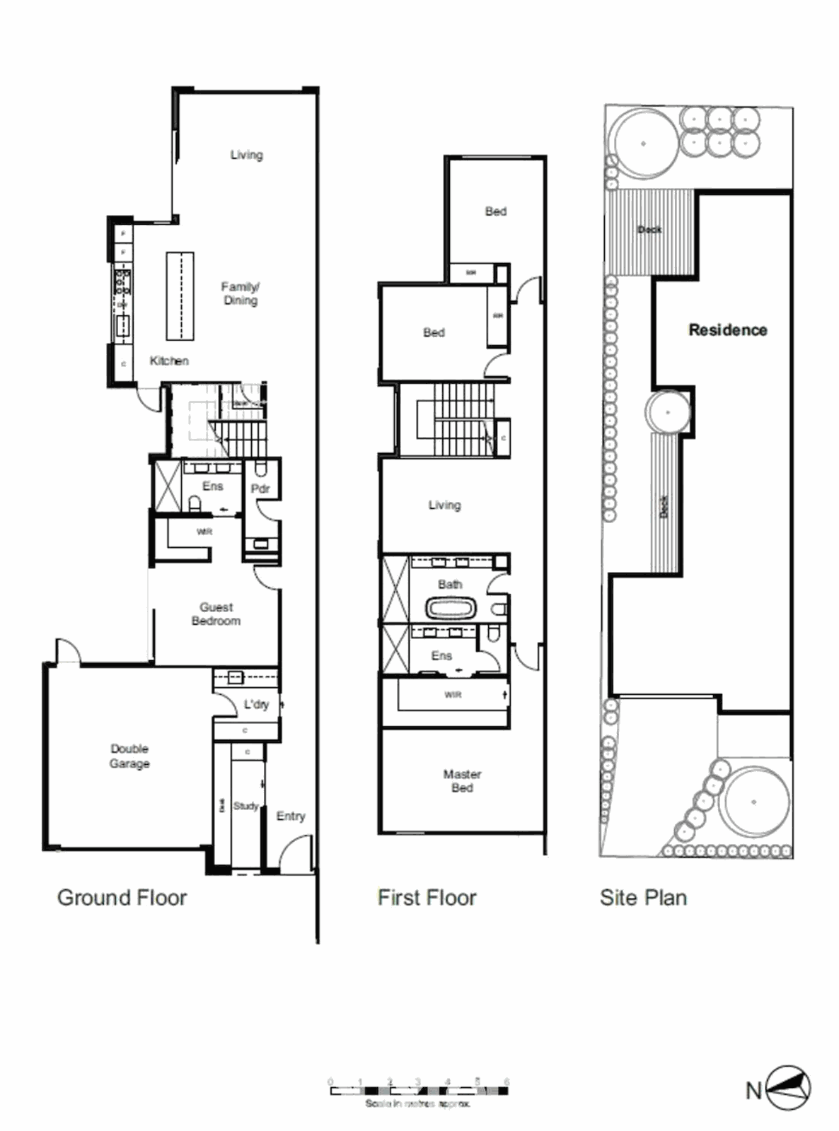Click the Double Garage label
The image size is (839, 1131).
129,756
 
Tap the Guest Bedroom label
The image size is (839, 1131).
216,614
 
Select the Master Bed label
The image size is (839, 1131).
462,780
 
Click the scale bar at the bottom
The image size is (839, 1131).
418,1091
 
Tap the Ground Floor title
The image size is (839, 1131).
122,898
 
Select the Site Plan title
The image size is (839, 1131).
643,898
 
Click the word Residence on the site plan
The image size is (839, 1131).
727,329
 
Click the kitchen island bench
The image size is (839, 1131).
180,296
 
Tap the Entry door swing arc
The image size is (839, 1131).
294,852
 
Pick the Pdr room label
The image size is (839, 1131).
260,488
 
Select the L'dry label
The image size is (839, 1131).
256,704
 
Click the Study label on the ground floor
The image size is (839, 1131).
245,806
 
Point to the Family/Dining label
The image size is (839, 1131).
241,293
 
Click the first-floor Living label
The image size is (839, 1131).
444,505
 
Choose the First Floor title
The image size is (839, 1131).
427,898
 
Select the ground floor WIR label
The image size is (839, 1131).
204,532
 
